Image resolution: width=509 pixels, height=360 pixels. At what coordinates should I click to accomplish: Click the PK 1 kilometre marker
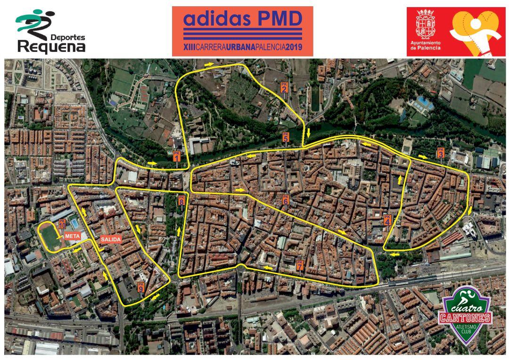click(177, 156)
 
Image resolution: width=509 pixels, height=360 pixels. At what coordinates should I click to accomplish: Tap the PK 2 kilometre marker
click(284, 87)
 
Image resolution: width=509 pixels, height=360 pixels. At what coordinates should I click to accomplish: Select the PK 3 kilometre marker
click(441, 153)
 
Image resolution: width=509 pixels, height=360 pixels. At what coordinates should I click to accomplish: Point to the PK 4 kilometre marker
click(387, 220)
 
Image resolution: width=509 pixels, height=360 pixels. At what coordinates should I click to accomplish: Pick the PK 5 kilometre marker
click(286, 137)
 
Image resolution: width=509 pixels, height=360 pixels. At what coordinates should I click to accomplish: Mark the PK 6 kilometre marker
click(285, 200)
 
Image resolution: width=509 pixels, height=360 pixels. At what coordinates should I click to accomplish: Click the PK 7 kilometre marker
click(300, 265)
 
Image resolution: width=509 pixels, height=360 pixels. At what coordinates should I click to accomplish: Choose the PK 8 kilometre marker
click(181, 200)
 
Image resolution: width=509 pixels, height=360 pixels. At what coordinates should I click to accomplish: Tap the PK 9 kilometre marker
click(140, 286)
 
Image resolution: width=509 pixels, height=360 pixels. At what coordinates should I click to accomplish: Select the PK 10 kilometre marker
click(62, 223)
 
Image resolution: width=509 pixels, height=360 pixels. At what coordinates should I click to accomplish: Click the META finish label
click(72, 236)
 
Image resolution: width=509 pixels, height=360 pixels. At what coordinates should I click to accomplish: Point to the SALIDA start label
click(111, 239)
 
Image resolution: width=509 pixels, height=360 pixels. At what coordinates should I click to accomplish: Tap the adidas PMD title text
click(242, 19)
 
